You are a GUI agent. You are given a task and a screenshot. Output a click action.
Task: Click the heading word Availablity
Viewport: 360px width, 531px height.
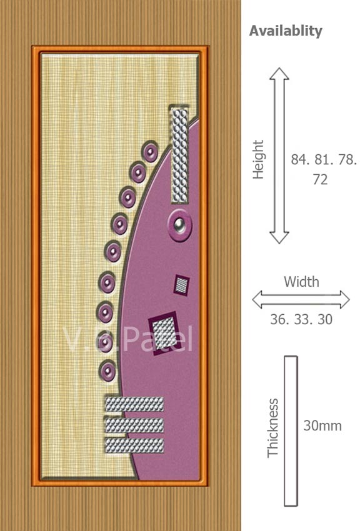click(x=286, y=31)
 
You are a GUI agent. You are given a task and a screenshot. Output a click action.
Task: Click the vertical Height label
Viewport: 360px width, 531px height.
click(x=258, y=159)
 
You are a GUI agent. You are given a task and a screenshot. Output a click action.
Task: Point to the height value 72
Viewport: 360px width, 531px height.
click(x=320, y=179)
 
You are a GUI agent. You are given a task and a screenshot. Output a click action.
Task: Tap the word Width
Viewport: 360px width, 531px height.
click(x=301, y=282)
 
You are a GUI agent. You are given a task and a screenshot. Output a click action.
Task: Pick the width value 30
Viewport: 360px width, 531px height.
click(x=325, y=319)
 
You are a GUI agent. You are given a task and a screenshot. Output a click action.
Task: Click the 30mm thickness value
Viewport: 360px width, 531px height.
click(x=322, y=425)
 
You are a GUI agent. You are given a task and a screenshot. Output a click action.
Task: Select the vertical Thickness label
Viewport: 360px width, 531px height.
click(x=272, y=428)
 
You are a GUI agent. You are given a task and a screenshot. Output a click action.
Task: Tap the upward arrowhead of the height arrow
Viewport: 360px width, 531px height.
click(x=279, y=74)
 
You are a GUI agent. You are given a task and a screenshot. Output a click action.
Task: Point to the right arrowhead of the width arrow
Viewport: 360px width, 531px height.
click(x=344, y=300)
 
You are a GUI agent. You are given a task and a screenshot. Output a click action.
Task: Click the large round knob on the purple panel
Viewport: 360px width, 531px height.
click(x=179, y=225)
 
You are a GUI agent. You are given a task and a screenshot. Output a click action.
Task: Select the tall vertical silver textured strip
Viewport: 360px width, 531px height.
click(x=179, y=154)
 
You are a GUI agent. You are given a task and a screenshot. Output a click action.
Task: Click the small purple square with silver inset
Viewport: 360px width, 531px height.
click(x=182, y=285)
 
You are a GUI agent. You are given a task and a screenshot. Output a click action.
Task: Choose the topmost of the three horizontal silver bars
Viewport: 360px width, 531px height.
click(x=134, y=404)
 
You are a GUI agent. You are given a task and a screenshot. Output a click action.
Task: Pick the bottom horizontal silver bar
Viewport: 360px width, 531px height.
click(x=134, y=445)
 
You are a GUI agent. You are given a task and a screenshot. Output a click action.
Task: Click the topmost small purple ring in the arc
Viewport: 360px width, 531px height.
click(x=150, y=152)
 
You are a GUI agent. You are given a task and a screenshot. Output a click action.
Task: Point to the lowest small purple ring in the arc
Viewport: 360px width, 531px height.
click(x=107, y=371)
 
